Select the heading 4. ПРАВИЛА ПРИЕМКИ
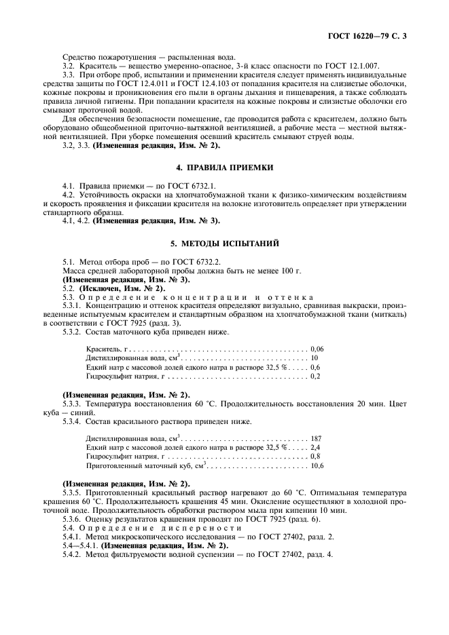point(225,167)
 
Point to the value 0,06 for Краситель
point(317,347)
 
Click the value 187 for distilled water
point(315,438)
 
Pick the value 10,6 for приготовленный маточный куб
point(317,467)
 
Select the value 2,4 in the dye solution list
point(315,448)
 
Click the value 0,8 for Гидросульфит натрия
point(315,457)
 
